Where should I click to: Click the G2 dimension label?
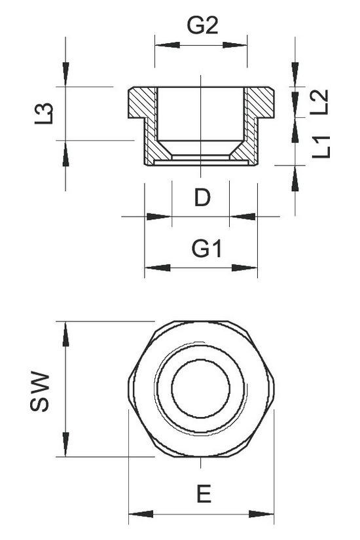point(202,26)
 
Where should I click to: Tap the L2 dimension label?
point(319,102)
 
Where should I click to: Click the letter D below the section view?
point(202,198)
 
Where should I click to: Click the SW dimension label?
point(41,391)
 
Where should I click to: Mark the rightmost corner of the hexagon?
point(274,388)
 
